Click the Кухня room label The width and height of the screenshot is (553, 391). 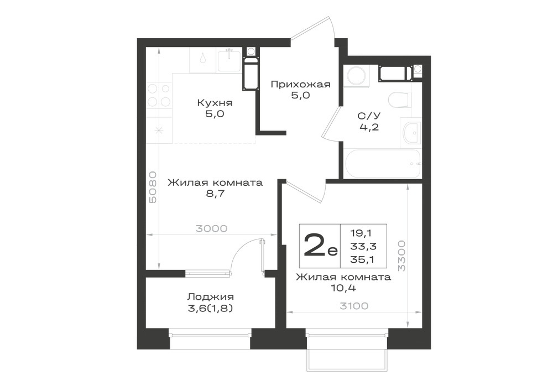click(x=215, y=103)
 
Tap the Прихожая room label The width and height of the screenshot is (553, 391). click(x=300, y=85)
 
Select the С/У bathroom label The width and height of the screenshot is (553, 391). click(x=369, y=116)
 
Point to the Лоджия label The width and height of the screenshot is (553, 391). click(x=210, y=297)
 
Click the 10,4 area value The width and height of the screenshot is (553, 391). click(x=343, y=288)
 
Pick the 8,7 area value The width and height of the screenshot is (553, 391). click(x=216, y=194)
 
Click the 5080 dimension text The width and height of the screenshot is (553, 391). click(x=153, y=187)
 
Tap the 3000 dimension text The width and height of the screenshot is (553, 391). click(x=212, y=229)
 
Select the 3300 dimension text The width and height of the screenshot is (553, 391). click(x=401, y=256)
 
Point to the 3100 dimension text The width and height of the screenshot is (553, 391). click(x=354, y=306)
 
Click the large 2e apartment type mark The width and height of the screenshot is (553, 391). click(x=320, y=246)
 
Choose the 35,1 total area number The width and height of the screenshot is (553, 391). click(x=362, y=259)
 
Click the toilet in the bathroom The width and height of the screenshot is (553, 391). click(x=400, y=100)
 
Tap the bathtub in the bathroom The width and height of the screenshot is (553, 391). click(x=383, y=164)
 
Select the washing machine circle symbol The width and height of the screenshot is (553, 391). click(x=357, y=75)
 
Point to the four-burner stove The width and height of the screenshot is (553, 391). click(x=159, y=95)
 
